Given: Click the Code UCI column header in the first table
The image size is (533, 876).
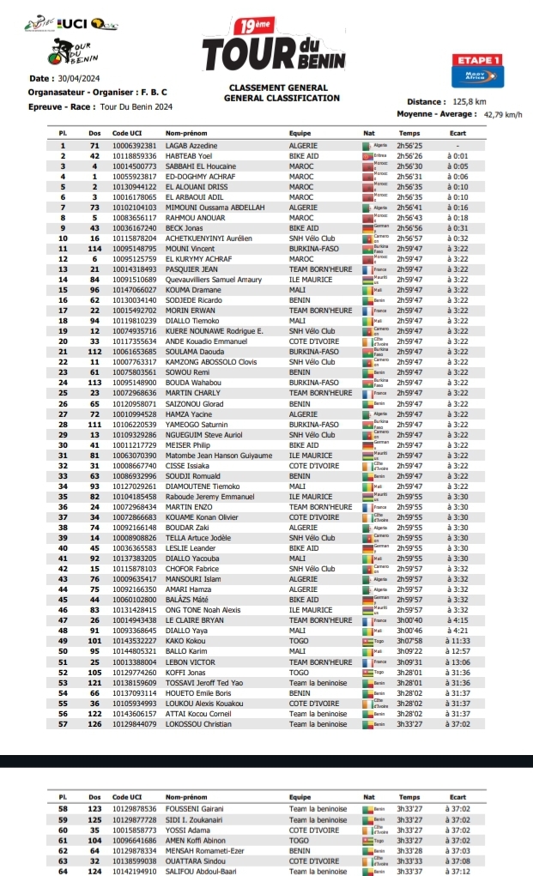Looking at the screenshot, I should tap(128, 134).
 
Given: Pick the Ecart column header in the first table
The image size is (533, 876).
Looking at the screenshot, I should tap(457, 134).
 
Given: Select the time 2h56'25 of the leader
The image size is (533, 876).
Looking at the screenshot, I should tap(409, 147).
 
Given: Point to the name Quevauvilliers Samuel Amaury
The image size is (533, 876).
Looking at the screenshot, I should tap(214, 279).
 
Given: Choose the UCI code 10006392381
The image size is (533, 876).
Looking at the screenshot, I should tap(134, 147).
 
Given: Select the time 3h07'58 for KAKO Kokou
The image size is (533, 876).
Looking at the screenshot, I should tap(409, 640).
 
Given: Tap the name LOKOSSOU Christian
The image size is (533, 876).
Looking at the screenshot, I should tap(198, 724).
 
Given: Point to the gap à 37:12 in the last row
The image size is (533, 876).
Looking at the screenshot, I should tap(457, 871).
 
